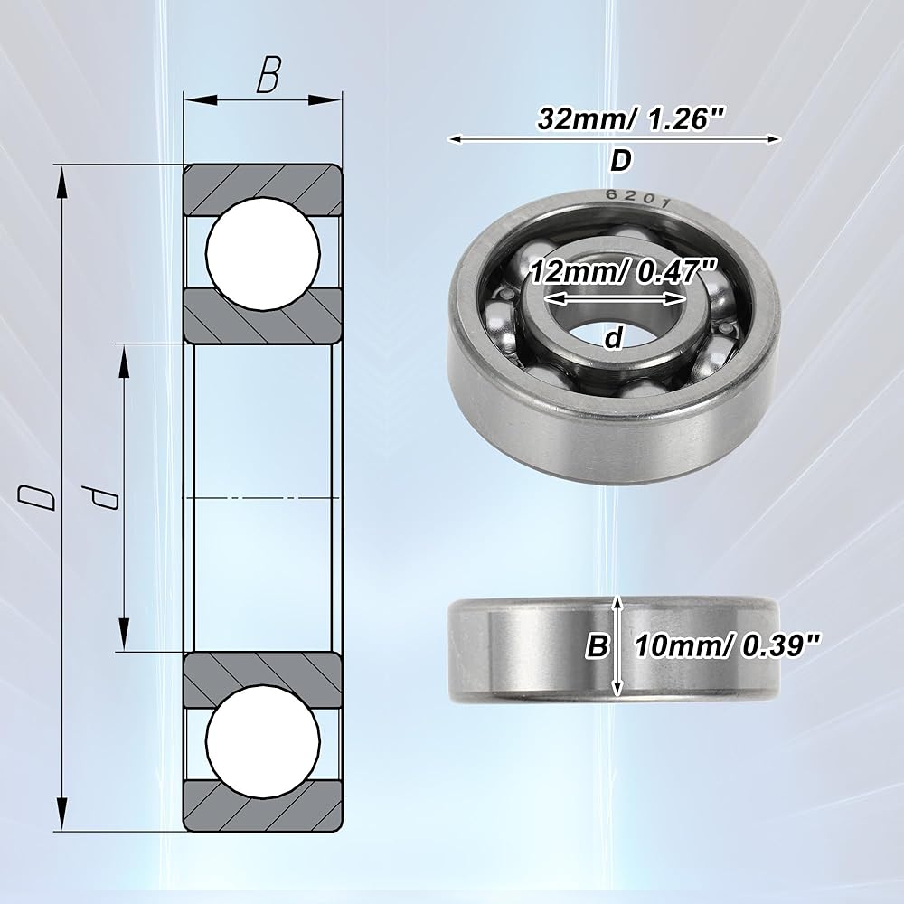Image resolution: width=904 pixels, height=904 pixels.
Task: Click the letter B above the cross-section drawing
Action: click(x=268, y=74)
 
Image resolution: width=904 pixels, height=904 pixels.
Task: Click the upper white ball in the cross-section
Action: click(x=263, y=252)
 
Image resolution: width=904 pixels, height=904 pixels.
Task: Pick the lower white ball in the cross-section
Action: click(x=263, y=742)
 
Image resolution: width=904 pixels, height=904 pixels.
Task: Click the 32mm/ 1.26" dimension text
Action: click(x=629, y=119)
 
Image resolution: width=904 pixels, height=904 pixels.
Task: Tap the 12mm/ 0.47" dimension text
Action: click(x=623, y=272)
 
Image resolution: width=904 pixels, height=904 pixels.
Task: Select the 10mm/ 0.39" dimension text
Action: click(x=727, y=645)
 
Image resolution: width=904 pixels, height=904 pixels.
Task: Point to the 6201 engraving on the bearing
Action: click(x=637, y=199)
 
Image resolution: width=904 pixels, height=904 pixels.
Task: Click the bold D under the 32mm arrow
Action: click(x=621, y=161)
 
